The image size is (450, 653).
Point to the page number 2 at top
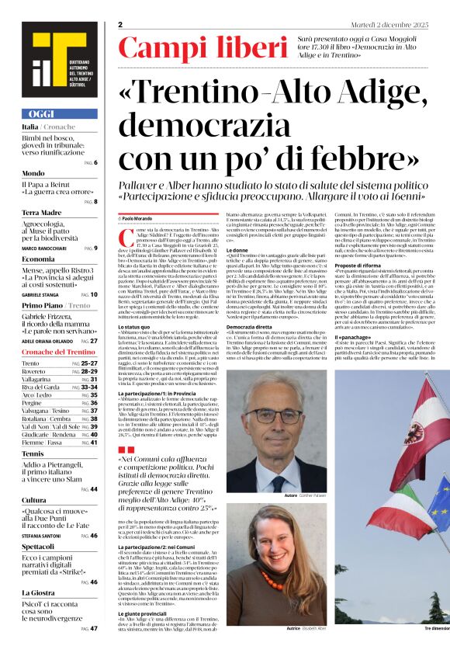click(121, 25)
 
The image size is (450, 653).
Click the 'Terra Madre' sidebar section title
click(42, 212)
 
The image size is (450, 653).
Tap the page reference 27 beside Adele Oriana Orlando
click(94, 341)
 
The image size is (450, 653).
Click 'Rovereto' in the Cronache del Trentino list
click(36, 372)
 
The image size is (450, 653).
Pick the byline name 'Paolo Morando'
click(138, 220)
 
